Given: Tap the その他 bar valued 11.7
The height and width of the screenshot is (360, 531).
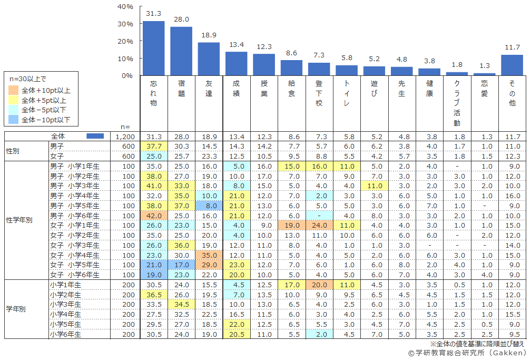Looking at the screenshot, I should click(512, 65).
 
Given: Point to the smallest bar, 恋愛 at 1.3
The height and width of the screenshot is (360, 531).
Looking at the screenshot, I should click(484, 74).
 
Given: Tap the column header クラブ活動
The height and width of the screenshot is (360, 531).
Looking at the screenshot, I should click(456, 103).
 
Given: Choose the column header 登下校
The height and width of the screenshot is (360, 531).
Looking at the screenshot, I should click(319, 93).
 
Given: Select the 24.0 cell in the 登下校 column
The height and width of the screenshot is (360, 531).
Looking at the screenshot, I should click(319, 225).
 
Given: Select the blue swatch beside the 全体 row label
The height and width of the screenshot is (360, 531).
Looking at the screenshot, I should click(95, 136).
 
